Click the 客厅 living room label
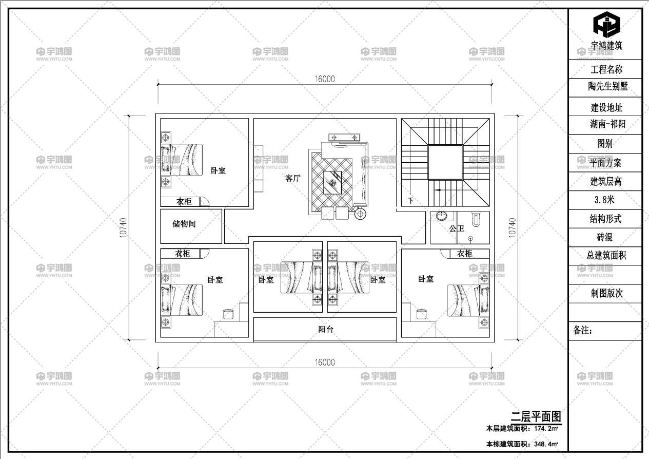coord(292,178)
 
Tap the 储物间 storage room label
coord(184,224)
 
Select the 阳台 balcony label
coord(326,329)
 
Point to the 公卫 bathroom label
coord(457,228)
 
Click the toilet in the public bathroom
coord(476,219)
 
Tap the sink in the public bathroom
coord(442,216)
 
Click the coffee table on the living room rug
coord(332,182)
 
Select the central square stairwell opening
coord(445,162)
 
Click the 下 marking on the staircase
coord(411,200)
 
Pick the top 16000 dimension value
coord(324,79)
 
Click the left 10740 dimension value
coord(124,227)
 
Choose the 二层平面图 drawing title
coord(536,417)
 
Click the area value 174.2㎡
coord(546,429)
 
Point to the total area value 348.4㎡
coord(546,444)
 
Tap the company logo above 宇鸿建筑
coord(606,24)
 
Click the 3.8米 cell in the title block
coord(604,200)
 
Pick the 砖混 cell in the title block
coord(604,237)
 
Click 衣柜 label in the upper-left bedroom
coord(184,201)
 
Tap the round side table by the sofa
coord(360,214)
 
